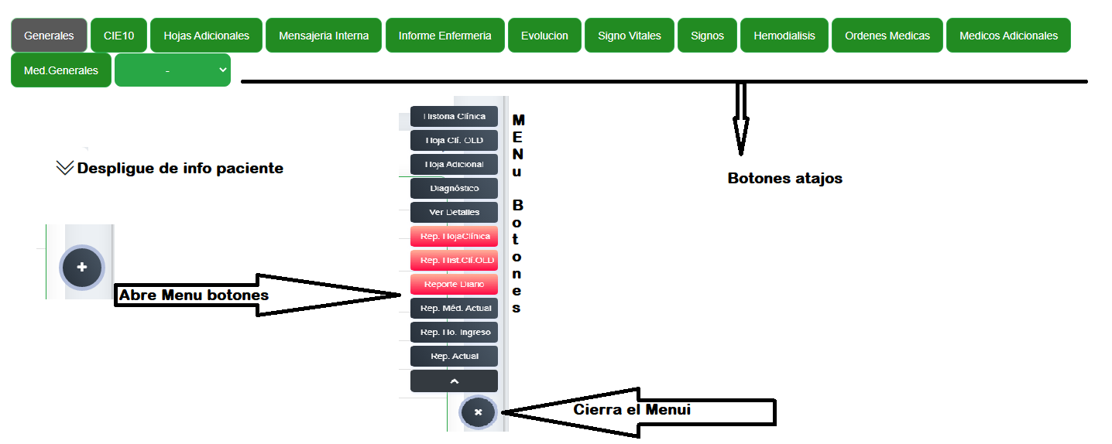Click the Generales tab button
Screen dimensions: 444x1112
[49, 36]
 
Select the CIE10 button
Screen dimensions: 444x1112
[118, 36]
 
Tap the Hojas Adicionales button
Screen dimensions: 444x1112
[206, 36]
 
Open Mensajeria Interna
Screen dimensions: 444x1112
[324, 36]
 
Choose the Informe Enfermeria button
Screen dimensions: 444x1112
[444, 36]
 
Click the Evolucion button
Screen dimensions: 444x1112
[544, 36]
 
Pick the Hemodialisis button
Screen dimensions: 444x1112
[784, 36]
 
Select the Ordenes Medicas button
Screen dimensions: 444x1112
[887, 36]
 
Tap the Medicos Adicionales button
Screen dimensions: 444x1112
[1008, 36]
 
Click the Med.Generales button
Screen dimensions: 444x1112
[61, 70]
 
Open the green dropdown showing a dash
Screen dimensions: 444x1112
[173, 70]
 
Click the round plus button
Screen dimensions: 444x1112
[82, 267]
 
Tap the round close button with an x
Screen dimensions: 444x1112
[478, 412]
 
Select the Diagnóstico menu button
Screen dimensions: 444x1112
[454, 188]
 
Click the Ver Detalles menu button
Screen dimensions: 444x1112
[454, 212]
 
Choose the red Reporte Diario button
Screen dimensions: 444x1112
[454, 284]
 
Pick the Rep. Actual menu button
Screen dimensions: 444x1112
[454, 356]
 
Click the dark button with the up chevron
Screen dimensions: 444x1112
[454, 381]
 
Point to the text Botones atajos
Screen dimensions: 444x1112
[784, 179]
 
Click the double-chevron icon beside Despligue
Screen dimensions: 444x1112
[65, 168]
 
